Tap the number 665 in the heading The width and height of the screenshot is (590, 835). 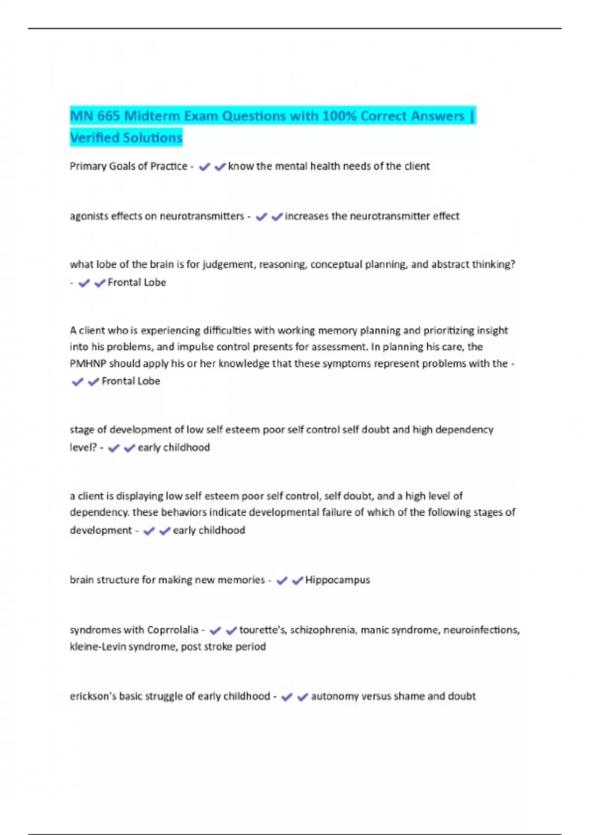108,116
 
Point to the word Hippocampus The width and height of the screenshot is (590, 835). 337,580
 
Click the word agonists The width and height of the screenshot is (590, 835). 89,216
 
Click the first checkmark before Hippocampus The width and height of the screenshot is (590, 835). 282,581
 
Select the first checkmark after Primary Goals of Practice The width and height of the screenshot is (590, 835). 205,167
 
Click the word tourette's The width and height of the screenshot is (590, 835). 263,630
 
